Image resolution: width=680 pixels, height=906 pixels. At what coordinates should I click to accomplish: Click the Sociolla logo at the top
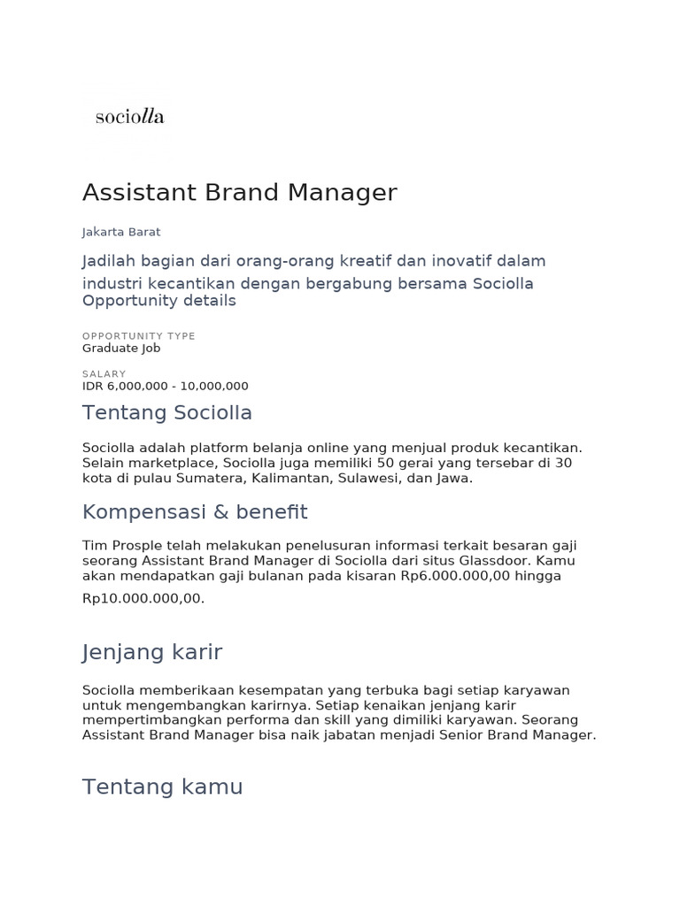129,116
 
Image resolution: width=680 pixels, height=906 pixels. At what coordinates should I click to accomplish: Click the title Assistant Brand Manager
239,192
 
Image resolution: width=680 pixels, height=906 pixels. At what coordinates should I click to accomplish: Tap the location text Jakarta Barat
121,232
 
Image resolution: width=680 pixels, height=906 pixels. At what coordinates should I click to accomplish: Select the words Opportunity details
159,301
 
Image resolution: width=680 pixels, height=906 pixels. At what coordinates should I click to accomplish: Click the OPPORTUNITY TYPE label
138,336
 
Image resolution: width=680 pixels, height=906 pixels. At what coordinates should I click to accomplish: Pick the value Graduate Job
121,349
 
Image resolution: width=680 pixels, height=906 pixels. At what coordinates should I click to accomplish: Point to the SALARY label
104,374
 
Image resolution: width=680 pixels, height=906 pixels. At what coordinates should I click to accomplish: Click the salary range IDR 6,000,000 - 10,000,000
165,387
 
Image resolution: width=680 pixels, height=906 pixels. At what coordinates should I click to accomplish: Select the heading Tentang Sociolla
167,412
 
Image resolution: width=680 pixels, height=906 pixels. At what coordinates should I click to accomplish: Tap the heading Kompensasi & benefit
195,511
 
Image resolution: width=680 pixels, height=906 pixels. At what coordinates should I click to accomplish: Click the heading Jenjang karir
152,652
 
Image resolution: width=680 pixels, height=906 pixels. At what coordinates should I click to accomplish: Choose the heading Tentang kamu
162,787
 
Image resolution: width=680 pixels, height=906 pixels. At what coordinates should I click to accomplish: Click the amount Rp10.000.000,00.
143,598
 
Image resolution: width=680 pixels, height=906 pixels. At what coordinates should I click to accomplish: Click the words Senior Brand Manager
522,735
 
